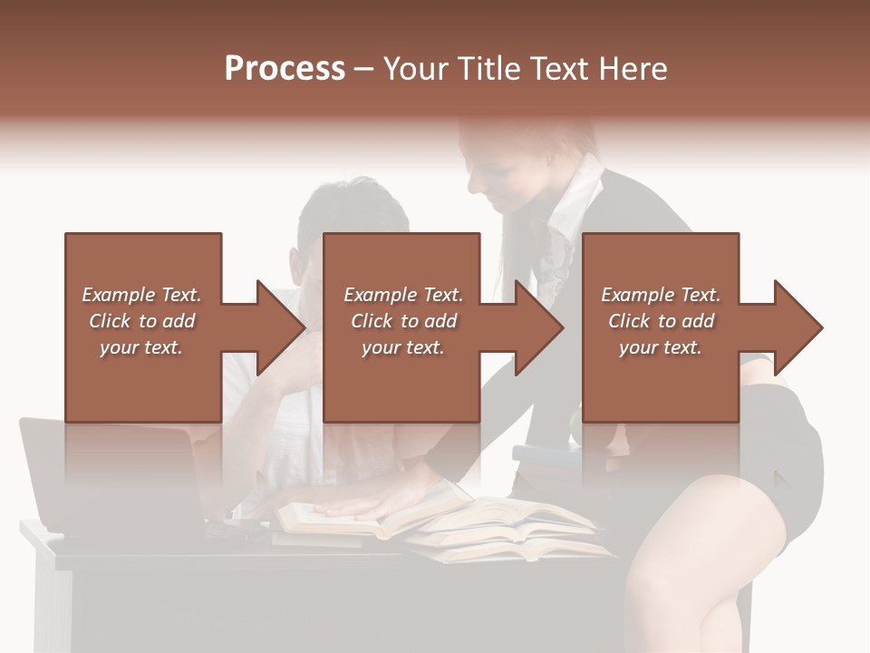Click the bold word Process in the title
285,69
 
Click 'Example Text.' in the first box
141,295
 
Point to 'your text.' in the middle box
402,347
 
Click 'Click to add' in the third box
661,321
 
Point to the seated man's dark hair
353,209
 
